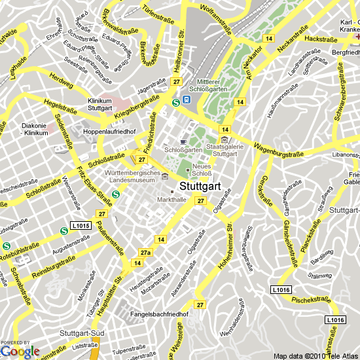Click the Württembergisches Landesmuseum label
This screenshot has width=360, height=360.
[132, 176]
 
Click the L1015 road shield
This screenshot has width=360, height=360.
[81, 225]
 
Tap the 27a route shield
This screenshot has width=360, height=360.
[145, 252]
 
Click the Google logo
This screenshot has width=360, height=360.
[20, 351]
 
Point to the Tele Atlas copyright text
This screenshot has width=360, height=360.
[316, 356]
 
